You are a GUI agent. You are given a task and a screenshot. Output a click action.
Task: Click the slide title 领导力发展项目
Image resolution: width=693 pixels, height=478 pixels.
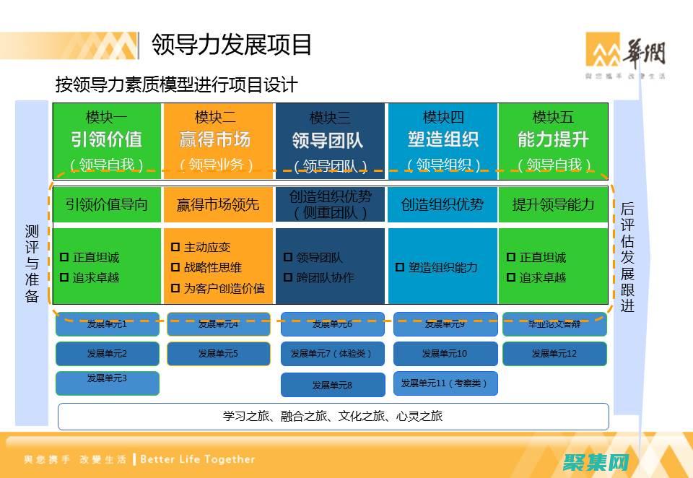[x=232, y=45]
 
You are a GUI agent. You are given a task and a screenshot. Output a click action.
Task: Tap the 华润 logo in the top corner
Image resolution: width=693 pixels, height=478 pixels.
[x=624, y=54]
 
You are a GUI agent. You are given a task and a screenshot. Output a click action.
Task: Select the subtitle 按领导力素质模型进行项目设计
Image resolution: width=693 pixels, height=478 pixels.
[x=176, y=84]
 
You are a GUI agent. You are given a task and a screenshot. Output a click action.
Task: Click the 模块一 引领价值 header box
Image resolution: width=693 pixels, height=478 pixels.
[x=106, y=139]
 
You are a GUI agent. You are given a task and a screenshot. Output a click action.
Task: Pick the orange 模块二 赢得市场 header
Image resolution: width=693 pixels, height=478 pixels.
[x=217, y=139]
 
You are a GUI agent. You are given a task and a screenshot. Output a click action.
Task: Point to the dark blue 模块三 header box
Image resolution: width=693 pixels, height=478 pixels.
[x=329, y=139]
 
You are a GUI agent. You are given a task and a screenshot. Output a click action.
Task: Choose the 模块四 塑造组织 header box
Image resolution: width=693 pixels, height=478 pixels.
[x=442, y=139]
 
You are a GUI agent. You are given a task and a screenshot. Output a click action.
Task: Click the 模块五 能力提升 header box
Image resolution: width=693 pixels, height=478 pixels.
[x=553, y=139]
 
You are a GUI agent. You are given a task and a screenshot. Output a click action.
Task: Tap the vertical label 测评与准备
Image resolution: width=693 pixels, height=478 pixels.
[x=32, y=264]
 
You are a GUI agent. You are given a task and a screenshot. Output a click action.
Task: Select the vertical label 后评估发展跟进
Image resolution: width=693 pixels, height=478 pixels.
[x=627, y=256]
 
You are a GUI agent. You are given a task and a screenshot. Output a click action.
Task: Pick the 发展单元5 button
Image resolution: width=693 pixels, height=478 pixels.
[x=218, y=354]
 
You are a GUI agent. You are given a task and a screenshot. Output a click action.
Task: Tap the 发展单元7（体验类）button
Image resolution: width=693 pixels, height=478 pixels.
[x=332, y=354]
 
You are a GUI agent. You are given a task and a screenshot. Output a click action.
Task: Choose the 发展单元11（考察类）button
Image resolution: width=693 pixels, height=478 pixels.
[x=445, y=383]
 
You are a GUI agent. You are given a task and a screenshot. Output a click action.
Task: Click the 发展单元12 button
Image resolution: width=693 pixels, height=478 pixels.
[x=554, y=354]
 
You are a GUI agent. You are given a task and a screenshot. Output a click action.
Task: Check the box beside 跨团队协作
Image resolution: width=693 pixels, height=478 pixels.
[x=287, y=277]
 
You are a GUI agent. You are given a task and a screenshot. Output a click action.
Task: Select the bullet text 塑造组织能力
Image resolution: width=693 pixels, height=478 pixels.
[x=443, y=267]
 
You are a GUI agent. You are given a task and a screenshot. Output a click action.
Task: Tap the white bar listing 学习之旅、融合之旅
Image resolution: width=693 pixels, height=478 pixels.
[x=333, y=416]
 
